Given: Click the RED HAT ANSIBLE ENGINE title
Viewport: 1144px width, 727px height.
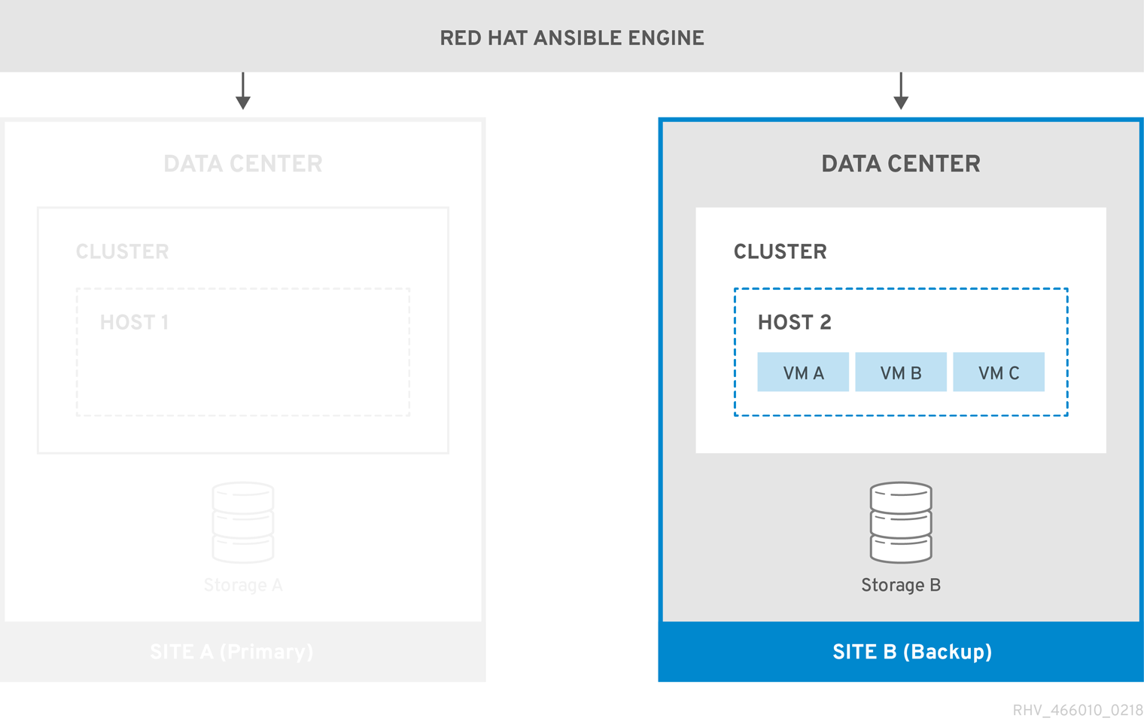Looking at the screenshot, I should pos(572,38).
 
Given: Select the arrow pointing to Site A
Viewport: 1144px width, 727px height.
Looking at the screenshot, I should pos(242,92).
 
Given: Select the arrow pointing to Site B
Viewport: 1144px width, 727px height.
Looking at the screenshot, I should pos(901,92).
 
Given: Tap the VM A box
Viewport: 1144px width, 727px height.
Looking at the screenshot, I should pos(803,373).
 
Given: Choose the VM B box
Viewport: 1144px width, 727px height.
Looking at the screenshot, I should pos(901,373).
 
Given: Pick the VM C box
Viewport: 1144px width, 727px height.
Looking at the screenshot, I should pos(999,373).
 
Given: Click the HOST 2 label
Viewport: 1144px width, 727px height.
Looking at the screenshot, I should pos(794,323).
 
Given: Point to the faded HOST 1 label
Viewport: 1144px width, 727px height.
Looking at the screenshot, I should pos(134,323).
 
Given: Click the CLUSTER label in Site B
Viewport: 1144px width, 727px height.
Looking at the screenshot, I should pos(780,252).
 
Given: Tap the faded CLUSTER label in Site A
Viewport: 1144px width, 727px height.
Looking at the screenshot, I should pos(122,252).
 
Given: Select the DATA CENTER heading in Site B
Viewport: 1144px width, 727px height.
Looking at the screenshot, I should pos(901,164).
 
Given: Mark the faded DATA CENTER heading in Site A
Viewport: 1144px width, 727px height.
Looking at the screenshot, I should pos(242,164).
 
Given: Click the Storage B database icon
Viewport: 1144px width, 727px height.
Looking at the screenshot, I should pos(901,523).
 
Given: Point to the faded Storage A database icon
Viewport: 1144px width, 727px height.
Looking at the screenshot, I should pos(242,523).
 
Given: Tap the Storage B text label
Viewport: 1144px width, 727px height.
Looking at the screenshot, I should pos(901,586).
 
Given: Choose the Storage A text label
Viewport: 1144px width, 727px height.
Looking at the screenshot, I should pos(242,586).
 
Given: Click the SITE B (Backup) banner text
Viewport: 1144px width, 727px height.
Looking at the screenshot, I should pos(911,652).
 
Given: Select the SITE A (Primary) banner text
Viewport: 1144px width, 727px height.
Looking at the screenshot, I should pos(231,652).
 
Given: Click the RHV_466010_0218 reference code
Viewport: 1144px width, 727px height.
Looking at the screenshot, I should pos(1077,710).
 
